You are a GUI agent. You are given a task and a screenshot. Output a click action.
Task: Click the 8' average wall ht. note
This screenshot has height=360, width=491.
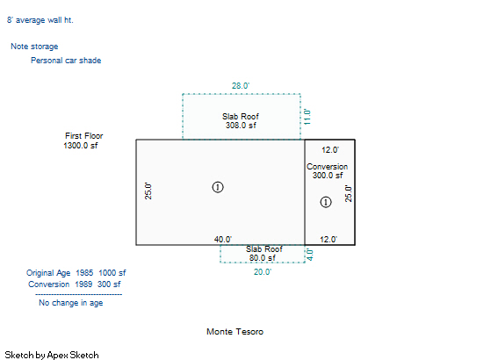(40, 20)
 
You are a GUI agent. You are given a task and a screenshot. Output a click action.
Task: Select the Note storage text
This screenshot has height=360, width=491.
(34, 47)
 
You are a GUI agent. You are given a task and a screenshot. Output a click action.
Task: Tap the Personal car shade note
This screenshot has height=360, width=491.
(66, 61)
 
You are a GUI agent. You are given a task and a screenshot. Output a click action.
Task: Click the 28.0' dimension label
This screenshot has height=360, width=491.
(241, 86)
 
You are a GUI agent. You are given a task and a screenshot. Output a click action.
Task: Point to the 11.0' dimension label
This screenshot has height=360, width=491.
(307, 117)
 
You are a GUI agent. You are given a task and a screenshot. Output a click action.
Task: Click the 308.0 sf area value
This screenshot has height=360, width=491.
(241, 126)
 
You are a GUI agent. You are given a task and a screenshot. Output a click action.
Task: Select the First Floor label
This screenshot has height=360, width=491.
(84, 136)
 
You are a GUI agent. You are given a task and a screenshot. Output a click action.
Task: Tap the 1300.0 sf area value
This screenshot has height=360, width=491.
(81, 146)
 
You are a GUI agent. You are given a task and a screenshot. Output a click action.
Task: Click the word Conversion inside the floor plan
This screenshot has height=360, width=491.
(328, 167)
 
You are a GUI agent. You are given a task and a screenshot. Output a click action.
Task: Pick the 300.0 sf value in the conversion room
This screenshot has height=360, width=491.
(328, 176)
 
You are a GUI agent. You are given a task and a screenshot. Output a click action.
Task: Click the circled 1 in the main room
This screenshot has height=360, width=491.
(218, 187)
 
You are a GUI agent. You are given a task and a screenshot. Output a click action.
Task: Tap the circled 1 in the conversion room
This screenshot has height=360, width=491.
(326, 202)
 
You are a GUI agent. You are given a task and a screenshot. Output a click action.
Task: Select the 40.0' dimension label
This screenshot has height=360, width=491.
(223, 240)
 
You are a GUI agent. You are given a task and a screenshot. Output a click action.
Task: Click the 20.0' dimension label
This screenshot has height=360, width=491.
(263, 272)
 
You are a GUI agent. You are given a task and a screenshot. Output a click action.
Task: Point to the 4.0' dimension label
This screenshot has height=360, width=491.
(310, 255)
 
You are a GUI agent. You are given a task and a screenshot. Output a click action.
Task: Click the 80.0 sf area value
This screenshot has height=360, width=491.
(263, 258)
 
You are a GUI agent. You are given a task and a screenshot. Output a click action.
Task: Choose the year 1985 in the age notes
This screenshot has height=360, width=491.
(84, 273)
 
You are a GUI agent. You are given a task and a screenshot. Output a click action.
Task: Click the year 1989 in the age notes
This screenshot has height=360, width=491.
(83, 284)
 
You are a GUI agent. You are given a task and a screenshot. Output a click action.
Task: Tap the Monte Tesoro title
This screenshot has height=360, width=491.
(235, 332)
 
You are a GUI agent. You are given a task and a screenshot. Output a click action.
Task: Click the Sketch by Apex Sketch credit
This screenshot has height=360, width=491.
(52, 355)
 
